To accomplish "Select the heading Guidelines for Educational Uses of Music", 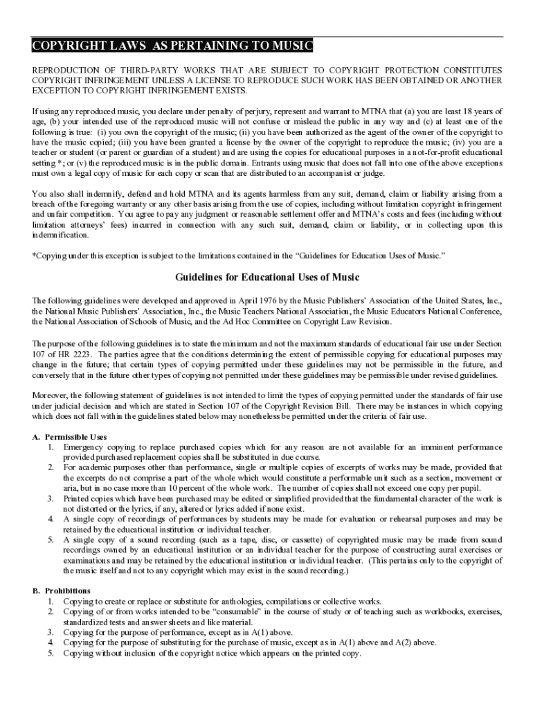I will coord(266,278).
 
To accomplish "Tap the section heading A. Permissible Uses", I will coord(70,437).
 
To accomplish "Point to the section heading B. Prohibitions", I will coord(62,591).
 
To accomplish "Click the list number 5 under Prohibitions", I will coord(51,653).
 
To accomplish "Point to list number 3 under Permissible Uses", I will coord(51,499).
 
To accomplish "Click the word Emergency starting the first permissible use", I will coord(83,447).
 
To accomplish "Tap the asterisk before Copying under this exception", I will coord(35,255).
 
